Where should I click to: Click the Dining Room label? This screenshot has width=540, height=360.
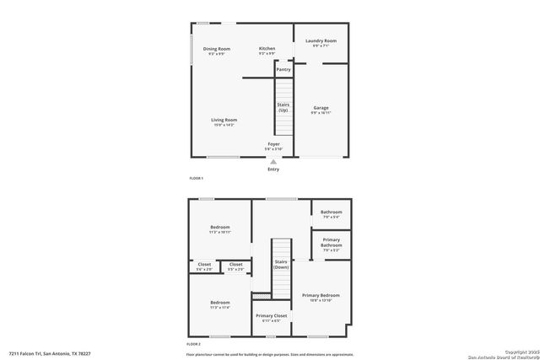pyautogui.click(x=217, y=49)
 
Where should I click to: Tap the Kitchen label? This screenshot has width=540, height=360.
pyautogui.click(x=267, y=49)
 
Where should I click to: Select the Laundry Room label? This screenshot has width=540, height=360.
pyautogui.click(x=321, y=40)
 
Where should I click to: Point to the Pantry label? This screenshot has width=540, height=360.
pyautogui.click(x=283, y=69)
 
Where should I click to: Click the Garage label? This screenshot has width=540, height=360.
pyautogui.click(x=321, y=108)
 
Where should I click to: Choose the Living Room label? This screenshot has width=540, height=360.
pyautogui.click(x=224, y=120)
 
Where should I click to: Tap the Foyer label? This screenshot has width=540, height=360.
pyautogui.click(x=273, y=144)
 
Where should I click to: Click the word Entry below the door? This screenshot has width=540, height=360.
pyautogui.click(x=273, y=169)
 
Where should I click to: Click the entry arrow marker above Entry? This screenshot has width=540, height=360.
pyautogui.click(x=273, y=161)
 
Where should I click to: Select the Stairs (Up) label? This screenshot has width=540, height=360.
pyautogui.click(x=283, y=107)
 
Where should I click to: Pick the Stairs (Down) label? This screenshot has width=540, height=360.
pyautogui.click(x=281, y=264)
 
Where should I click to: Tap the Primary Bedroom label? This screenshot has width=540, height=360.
pyautogui.click(x=321, y=295)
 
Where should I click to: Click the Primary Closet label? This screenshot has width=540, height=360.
pyautogui.click(x=271, y=315)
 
